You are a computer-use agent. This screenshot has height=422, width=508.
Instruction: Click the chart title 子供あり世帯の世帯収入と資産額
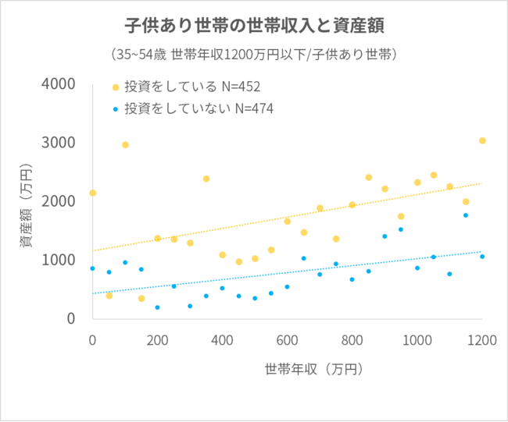coord(253,26)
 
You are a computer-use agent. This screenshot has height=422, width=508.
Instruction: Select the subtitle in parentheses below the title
coord(253,55)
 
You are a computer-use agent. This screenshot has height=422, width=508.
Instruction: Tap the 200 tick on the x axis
coord(157,340)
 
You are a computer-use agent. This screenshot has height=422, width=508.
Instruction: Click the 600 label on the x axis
coord(287,340)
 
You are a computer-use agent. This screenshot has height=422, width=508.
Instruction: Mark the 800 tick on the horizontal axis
coord(352,340)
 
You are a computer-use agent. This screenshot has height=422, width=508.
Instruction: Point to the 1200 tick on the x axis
coord(481,340)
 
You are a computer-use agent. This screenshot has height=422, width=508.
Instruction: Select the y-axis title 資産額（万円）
coord(26,207)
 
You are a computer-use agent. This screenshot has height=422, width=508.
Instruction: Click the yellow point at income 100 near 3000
coord(125,145)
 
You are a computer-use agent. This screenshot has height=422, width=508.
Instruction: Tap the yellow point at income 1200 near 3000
coord(482,141)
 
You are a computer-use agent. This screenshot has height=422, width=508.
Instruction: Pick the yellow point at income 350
coord(206,179)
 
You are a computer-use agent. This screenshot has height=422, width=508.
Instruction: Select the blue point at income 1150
coord(466,215)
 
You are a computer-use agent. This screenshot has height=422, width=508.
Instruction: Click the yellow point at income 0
coord(92,193)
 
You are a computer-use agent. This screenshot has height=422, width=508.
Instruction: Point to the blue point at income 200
coord(157,307)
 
